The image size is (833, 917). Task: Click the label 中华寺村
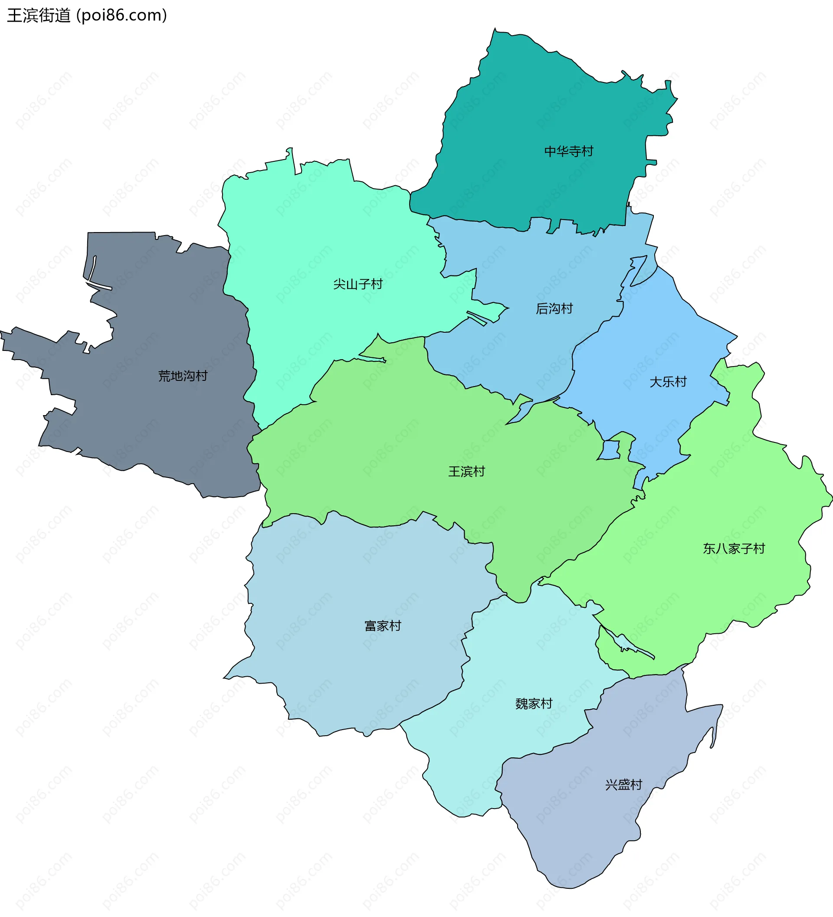(x=569, y=151)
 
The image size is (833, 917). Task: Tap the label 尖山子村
(x=357, y=284)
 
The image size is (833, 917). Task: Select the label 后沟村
(x=554, y=309)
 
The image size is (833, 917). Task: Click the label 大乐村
(x=667, y=382)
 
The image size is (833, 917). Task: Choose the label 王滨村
(x=466, y=471)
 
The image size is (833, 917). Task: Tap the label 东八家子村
(x=733, y=549)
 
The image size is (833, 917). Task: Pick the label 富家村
(x=383, y=626)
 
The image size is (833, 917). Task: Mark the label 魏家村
(x=533, y=704)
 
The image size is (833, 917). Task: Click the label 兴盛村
(x=623, y=785)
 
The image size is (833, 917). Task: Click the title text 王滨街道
(x=39, y=16)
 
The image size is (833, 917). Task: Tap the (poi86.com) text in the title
(x=122, y=16)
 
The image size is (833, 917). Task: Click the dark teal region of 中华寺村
(x=523, y=114)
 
